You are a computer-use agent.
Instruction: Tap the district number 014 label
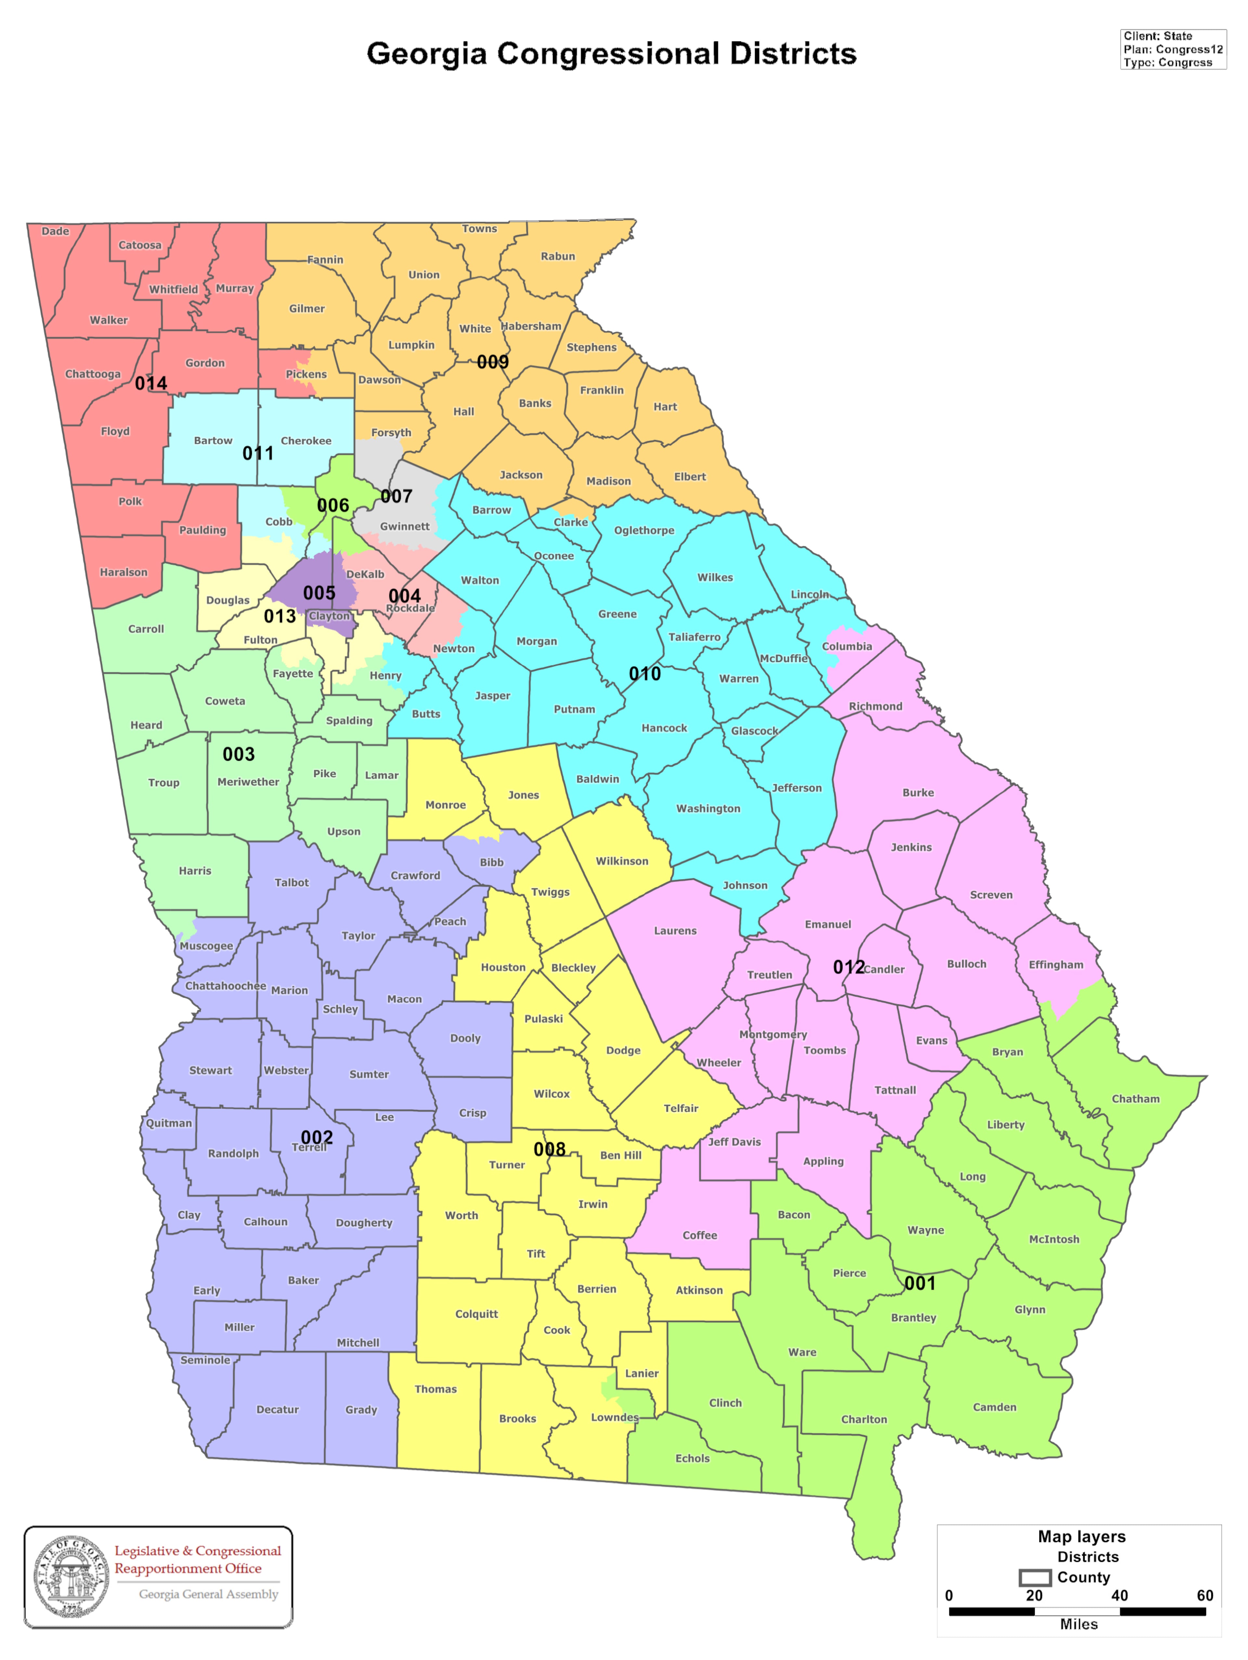151,383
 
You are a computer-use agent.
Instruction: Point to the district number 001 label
919,1283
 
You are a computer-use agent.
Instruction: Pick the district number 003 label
239,754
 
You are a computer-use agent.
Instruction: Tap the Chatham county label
1135,1099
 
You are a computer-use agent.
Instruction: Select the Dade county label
55,231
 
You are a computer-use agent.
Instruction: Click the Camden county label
994,1407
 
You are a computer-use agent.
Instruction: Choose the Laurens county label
675,931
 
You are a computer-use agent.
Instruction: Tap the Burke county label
918,792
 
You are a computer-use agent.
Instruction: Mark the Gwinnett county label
405,526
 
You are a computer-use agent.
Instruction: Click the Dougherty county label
364,1222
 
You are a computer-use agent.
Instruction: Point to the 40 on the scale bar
1119,1595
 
